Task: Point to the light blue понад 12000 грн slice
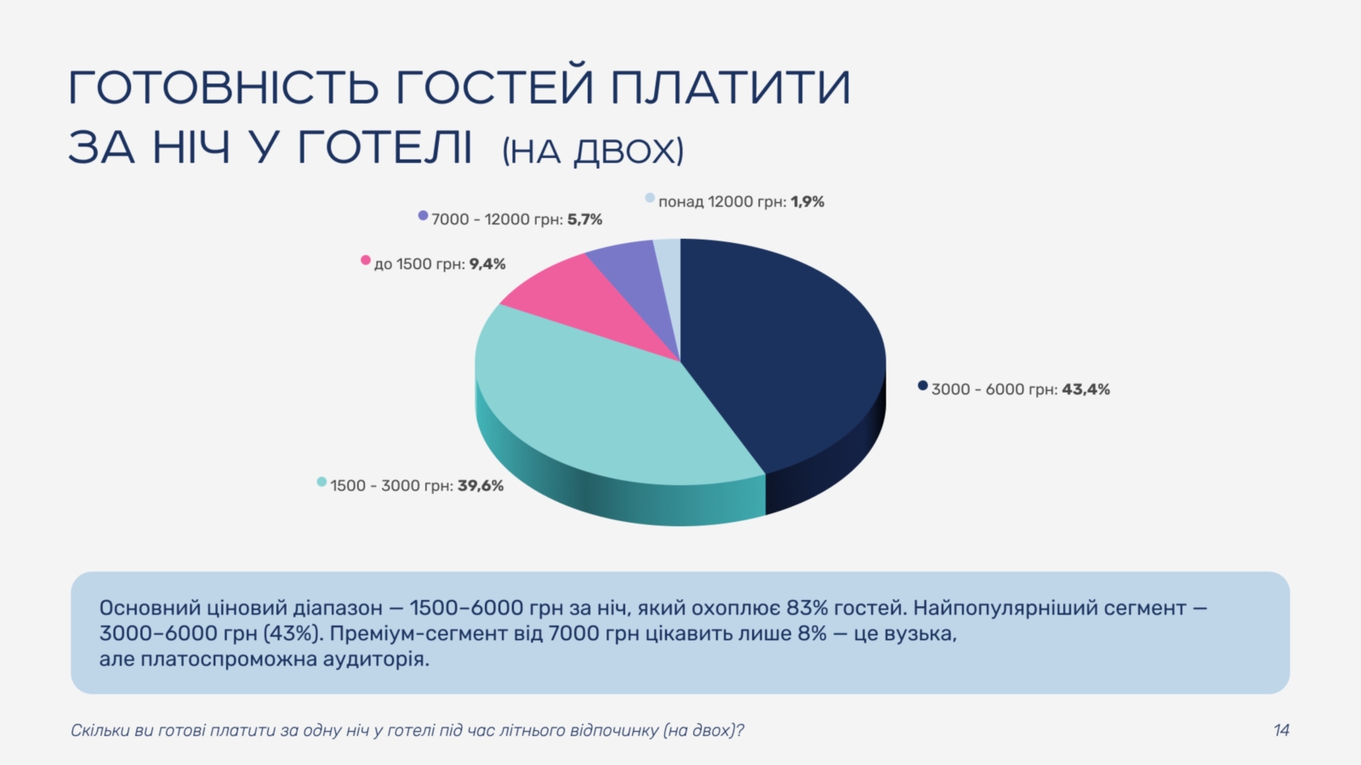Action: point(669,267)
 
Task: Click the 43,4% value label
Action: point(1085,389)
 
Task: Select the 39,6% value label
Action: point(481,485)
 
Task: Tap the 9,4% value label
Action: point(487,264)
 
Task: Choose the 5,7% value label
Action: point(584,219)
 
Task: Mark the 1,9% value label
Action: point(807,201)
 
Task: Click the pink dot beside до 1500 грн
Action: point(366,260)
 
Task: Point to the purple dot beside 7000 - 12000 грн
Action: point(424,216)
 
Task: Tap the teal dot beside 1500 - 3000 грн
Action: point(322,482)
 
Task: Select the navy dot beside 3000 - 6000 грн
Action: point(923,386)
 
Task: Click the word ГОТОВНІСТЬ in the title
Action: point(225,88)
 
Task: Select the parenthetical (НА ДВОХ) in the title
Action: point(593,150)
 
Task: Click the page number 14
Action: point(1281,730)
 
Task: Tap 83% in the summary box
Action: point(808,608)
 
